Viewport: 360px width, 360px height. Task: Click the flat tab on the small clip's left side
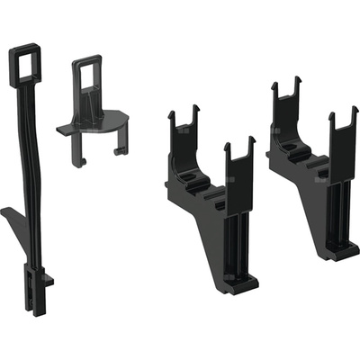[x=66, y=130]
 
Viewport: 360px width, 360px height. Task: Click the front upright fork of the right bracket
[x=342, y=135]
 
